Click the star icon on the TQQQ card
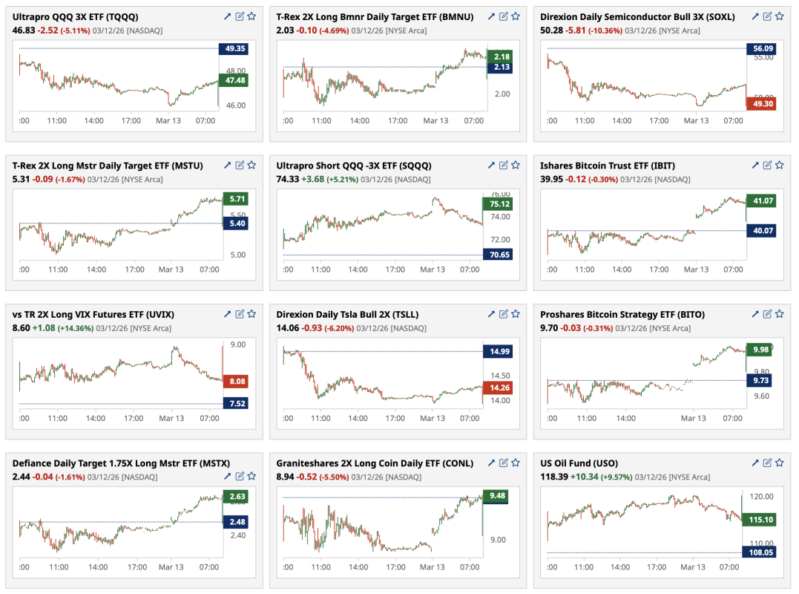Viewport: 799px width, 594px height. pos(251,16)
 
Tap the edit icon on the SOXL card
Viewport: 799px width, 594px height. pos(767,16)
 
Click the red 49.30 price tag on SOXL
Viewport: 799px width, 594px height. pos(760,104)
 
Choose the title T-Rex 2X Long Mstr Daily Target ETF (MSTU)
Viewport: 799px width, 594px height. pos(108,166)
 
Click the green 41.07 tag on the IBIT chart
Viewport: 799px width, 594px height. pos(760,200)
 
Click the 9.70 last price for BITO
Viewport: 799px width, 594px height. pos(550,327)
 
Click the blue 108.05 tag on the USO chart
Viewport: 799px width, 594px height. pos(760,552)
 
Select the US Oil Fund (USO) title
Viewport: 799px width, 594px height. pos(579,463)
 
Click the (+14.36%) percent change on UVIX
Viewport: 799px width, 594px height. pos(75,327)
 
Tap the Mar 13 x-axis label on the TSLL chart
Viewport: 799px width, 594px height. pos(433,418)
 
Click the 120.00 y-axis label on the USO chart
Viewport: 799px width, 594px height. pos(761,496)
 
